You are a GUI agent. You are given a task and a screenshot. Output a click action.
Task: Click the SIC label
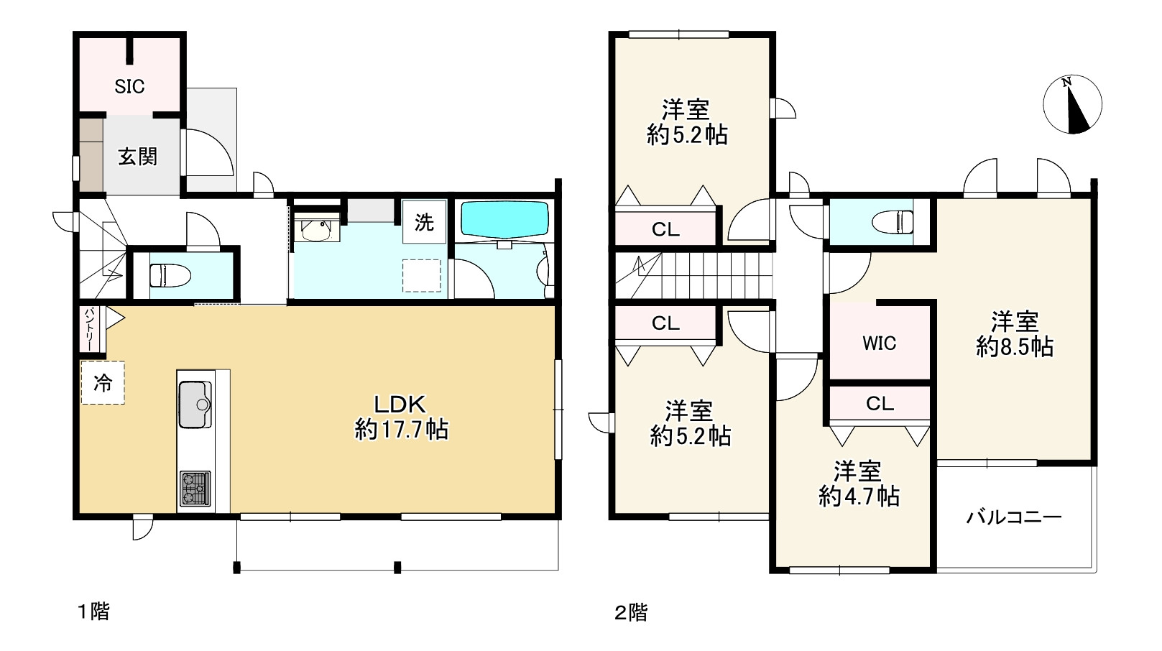129,87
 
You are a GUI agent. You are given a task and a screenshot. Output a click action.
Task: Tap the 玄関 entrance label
137,157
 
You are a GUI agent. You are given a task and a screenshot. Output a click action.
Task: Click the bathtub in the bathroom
504,219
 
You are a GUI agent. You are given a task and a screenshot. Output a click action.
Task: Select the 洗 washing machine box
424,222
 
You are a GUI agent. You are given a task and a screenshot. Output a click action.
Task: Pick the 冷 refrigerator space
103,383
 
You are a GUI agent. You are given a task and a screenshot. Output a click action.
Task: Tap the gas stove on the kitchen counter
195,489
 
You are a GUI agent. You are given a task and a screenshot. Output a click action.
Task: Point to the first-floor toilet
170,275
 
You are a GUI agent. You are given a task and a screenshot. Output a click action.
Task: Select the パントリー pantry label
88,329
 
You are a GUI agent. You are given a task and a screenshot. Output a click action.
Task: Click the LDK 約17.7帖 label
401,417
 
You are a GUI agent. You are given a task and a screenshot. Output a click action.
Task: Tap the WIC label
880,343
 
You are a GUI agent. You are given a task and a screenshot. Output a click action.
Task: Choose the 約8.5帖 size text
1015,347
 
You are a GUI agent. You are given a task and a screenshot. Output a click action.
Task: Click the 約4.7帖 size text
859,497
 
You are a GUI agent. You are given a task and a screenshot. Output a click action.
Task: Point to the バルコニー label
1014,517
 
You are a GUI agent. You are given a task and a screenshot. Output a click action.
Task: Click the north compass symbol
1072,104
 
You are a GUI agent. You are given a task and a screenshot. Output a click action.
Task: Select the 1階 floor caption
94,611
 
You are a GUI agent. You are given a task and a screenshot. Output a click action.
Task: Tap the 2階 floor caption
631,613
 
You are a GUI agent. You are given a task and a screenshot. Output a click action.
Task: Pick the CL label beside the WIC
880,404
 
